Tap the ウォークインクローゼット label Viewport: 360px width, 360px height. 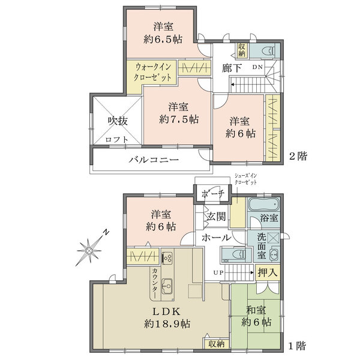(154, 72)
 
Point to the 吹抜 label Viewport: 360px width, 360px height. (118, 121)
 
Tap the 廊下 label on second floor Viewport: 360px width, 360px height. (232, 68)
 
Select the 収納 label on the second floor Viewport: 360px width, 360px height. (241, 50)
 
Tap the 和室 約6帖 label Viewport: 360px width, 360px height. (255, 316)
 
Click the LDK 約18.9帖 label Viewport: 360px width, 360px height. (167, 317)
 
